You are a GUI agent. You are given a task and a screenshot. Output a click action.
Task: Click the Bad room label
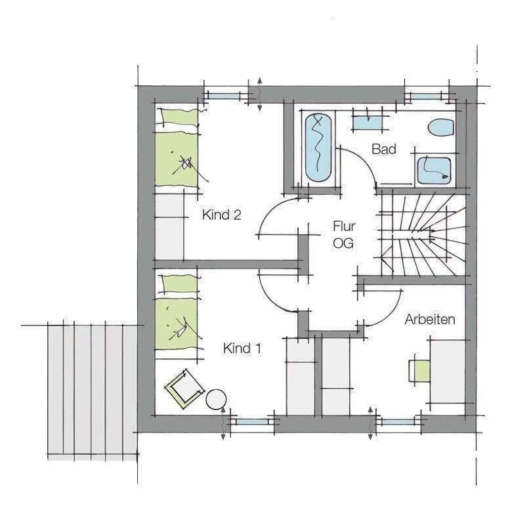pyautogui.click(x=384, y=150)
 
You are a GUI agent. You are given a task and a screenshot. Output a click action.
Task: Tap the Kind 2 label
pyautogui.click(x=222, y=215)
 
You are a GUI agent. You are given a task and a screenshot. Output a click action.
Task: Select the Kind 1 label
pyautogui.click(x=242, y=348)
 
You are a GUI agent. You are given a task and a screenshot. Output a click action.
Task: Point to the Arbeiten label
pyautogui.click(x=430, y=320)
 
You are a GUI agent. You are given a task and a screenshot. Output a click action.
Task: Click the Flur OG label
pyautogui.click(x=344, y=235)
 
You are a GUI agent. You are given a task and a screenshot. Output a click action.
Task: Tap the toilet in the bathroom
pyautogui.click(x=440, y=127)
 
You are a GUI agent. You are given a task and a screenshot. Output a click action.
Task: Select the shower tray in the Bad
pyautogui.click(x=434, y=170)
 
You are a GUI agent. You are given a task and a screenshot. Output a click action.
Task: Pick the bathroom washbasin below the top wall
pyautogui.click(x=367, y=122)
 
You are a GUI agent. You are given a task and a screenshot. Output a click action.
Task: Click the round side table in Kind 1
pyautogui.click(x=216, y=400)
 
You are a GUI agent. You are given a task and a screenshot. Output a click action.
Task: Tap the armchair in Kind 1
pyautogui.click(x=184, y=388)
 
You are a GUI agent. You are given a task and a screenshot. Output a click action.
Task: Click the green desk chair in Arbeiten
pyautogui.click(x=420, y=371)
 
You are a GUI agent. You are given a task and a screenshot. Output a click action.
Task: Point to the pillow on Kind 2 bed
pyautogui.click(x=178, y=118)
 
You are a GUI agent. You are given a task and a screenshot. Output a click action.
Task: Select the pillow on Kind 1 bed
pyautogui.click(x=178, y=284)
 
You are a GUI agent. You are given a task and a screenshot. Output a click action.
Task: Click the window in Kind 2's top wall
pyautogui.click(x=225, y=96)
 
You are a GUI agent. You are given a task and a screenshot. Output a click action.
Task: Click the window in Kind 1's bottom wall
pyautogui.click(x=252, y=422)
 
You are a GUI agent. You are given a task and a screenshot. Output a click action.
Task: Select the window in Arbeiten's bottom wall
pyautogui.click(x=398, y=422)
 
